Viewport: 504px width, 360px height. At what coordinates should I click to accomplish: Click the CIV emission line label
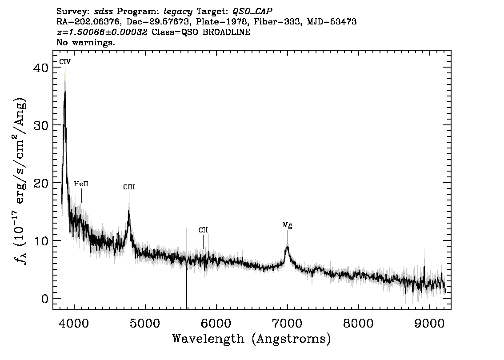[64, 61]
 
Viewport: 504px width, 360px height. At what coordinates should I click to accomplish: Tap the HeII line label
[81, 184]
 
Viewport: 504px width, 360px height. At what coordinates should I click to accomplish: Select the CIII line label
[129, 187]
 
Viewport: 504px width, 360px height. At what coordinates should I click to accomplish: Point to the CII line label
[203, 230]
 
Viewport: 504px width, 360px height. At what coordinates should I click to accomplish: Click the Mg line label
[288, 225]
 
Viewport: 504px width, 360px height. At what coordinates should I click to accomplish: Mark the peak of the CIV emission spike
[65, 92]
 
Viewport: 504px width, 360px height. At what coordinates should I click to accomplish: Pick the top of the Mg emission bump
[287, 246]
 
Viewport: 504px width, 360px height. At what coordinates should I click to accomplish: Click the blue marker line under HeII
[81, 196]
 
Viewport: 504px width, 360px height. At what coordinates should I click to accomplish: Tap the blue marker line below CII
[203, 242]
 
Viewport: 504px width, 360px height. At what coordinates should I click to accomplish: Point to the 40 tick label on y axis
[41, 68]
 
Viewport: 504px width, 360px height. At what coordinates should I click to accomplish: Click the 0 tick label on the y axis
[45, 299]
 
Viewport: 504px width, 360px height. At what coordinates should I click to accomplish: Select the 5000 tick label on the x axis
[145, 323]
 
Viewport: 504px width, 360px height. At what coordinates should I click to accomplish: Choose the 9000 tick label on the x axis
[429, 323]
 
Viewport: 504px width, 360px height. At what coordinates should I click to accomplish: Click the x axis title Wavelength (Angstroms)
[252, 339]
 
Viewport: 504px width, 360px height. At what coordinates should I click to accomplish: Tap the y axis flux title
[20, 180]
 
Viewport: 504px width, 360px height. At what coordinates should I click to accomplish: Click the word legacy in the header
[178, 12]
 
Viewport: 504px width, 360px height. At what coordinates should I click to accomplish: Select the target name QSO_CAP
[252, 12]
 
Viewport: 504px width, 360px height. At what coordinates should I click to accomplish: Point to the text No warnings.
[86, 42]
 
